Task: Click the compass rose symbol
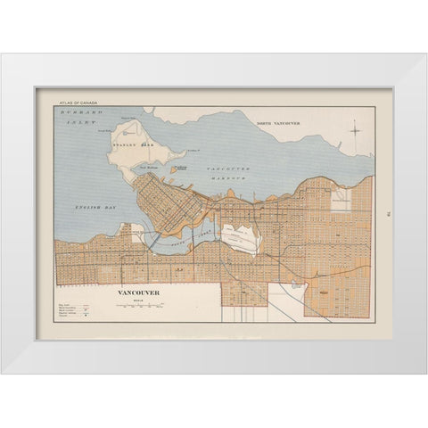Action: [355, 129]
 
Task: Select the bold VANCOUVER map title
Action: [138, 291]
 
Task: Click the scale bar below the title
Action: [139, 306]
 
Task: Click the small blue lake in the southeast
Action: [295, 285]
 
